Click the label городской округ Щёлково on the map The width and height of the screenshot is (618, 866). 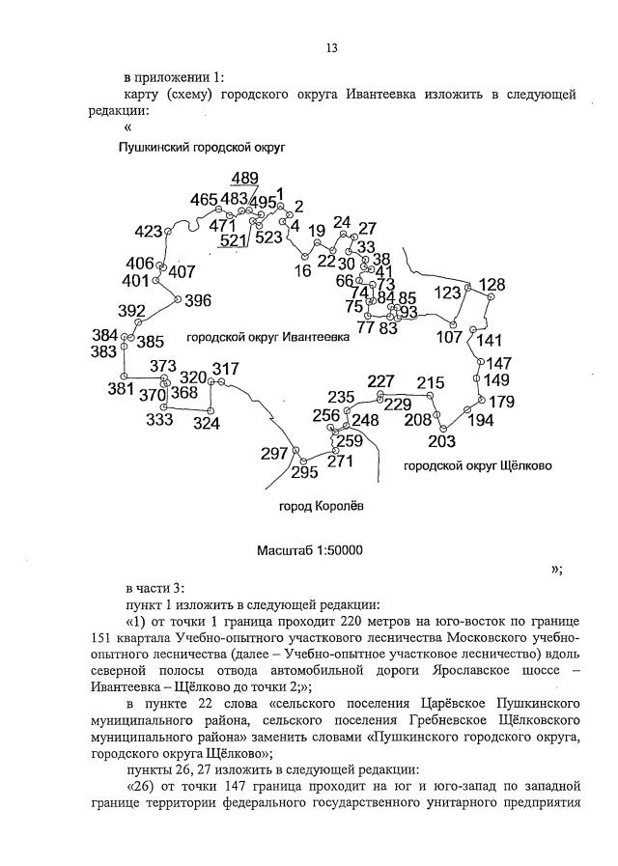[x=477, y=465]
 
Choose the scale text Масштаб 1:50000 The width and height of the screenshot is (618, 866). [x=309, y=550]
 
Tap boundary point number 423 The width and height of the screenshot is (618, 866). [x=149, y=232]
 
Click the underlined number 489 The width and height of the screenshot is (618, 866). [x=244, y=178]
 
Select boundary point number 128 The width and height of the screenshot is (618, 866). [x=492, y=285]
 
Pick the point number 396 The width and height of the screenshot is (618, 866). [x=197, y=300]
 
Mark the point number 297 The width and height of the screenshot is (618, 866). [x=275, y=454]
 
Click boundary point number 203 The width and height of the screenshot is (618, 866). [x=440, y=442]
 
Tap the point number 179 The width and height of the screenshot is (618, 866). [x=501, y=402]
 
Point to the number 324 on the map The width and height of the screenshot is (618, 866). [x=206, y=423]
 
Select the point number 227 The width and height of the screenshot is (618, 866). [x=381, y=380]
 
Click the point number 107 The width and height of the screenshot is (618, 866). [x=450, y=337]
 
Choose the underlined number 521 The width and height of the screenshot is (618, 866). [x=233, y=240]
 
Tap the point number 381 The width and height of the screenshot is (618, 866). [x=121, y=389]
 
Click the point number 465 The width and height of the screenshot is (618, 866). [x=204, y=200]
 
